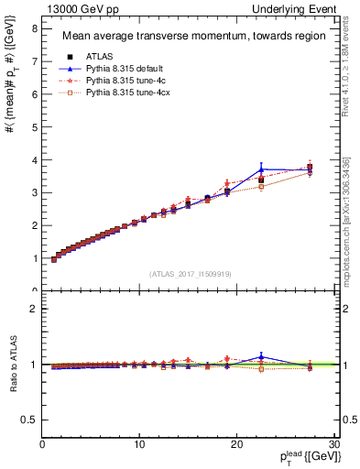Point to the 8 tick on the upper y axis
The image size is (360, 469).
pos(33,28)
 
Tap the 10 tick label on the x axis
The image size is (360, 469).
pos(139,443)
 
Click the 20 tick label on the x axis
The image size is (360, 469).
pos(236,443)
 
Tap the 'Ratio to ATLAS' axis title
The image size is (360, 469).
pos(13,364)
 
